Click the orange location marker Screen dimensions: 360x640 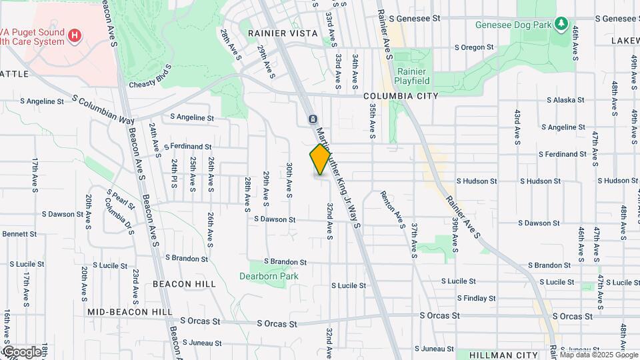tap(320, 159)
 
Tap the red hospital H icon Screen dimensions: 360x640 tap(75, 34)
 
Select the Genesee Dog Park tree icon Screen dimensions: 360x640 tap(561, 25)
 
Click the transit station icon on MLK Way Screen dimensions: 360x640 tap(312, 119)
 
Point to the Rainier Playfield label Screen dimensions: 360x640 tap(413, 76)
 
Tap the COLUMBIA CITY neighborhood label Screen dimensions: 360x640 tap(401, 96)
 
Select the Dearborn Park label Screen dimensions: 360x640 tap(269, 276)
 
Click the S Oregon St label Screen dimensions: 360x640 tap(473, 47)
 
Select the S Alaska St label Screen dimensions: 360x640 tap(565, 101)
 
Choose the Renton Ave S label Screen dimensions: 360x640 tap(393, 209)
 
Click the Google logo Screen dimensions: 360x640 tap(21, 351)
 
